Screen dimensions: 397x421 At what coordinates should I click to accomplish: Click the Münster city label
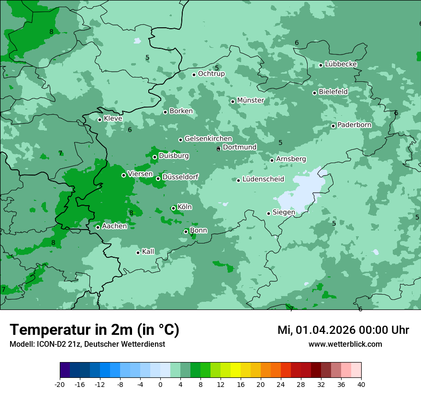[251, 100]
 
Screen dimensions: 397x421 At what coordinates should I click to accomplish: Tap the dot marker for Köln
[173, 208]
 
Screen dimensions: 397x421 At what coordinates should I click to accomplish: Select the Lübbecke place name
[341, 64]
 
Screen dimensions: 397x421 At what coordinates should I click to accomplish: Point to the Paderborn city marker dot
[333, 126]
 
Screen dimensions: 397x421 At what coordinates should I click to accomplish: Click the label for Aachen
[114, 226]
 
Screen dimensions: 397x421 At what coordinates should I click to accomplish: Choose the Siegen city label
[284, 212]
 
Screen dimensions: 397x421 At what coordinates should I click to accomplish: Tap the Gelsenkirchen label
[208, 139]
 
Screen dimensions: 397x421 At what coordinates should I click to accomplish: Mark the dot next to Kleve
[100, 120]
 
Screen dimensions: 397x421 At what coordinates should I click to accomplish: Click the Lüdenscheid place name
[263, 179]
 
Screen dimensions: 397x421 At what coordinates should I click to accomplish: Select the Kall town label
[148, 252]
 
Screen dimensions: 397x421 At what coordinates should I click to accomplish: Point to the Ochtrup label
[211, 74]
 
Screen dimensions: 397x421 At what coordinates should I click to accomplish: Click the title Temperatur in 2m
[94, 330]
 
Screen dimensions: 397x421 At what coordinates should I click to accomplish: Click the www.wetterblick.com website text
[345, 344]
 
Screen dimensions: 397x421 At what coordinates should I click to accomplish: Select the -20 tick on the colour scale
[60, 384]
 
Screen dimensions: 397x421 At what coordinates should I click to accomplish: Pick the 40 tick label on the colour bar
[361, 384]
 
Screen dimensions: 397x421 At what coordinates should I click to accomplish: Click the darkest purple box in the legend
[65, 370]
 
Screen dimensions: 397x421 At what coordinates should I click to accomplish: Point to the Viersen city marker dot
[123, 175]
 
